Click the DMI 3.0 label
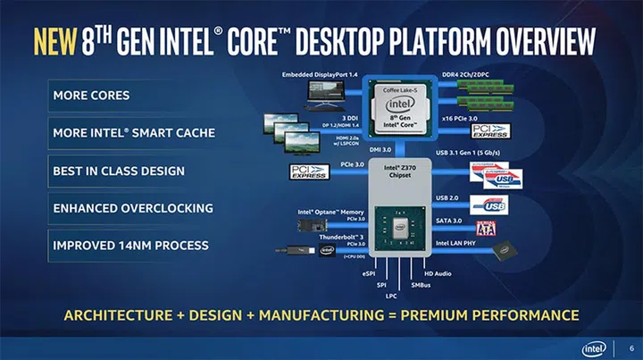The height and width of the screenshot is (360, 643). click(382, 149)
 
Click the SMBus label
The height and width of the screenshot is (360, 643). click(422, 284)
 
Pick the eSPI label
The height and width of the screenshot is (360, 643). click(368, 272)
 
